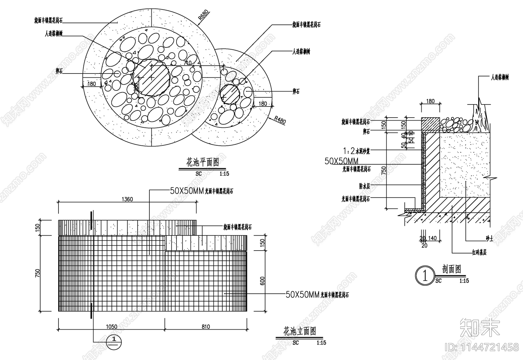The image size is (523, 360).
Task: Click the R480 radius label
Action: pyautogui.click(x=280, y=120)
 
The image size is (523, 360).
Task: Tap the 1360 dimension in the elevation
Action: pyautogui.click(x=127, y=199)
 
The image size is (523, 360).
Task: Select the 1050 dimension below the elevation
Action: pyautogui.click(x=111, y=326)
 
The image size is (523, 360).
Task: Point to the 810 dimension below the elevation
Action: pyautogui.click(x=206, y=326)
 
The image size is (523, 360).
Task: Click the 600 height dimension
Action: pyautogui.click(x=262, y=281)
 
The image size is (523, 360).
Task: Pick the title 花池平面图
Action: pyautogui.click(x=202, y=162)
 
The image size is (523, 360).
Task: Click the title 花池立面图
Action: pyautogui.click(x=300, y=332)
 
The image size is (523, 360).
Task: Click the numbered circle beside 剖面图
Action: pyautogui.click(x=425, y=276)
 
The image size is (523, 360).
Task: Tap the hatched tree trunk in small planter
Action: pyautogui.click(x=229, y=94)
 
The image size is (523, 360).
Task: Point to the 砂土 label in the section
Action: pyautogui.click(x=489, y=239)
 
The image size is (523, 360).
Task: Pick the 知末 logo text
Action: pyautogui.click(x=480, y=328)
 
